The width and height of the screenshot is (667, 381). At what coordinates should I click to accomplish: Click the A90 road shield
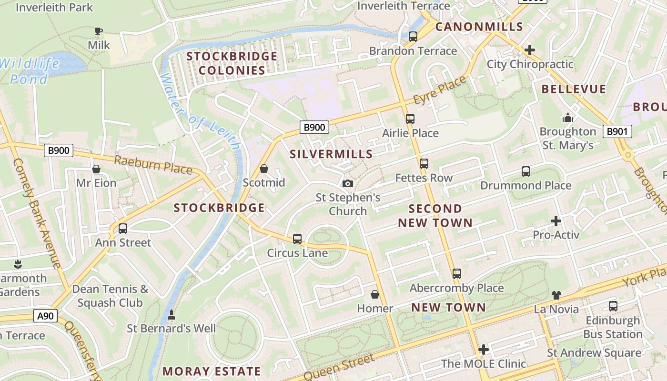click(46, 315)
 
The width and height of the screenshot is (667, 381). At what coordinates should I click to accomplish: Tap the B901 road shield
click(617, 131)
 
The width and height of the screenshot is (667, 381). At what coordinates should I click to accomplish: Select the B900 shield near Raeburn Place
click(59, 150)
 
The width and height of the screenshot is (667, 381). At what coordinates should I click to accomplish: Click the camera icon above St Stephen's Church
click(348, 183)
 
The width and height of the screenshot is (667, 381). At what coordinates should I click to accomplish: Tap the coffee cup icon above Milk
click(99, 31)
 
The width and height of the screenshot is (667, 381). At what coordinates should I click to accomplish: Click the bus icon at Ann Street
click(122, 229)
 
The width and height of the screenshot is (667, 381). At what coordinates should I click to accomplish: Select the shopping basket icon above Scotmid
click(263, 169)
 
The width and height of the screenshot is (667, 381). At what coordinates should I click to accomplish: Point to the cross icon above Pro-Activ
click(556, 221)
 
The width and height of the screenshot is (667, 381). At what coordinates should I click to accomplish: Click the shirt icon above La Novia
click(556, 295)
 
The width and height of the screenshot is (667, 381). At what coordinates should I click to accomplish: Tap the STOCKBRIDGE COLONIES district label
click(232, 63)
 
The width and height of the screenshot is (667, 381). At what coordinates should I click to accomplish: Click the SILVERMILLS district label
click(331, 154)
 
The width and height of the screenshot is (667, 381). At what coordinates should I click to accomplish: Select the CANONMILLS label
click(479, 27)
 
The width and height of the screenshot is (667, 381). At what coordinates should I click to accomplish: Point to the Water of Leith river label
click(200, 112)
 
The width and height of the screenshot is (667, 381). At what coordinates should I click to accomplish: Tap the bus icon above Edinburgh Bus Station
click(613, 306)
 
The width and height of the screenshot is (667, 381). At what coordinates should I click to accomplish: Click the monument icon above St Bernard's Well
click(172, 315)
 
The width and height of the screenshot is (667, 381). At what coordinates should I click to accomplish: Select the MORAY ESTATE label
click(212, 371)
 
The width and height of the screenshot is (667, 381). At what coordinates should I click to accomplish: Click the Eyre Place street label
click(439, 90)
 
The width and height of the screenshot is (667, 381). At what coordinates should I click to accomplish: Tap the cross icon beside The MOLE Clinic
click(484, 350)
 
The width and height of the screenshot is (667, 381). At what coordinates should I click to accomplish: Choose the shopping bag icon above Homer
click(375, 294)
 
